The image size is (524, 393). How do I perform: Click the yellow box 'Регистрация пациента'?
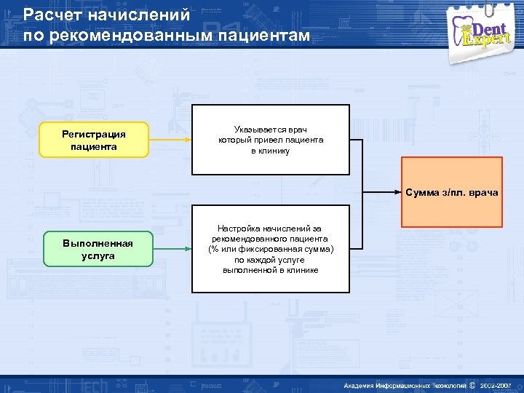93,140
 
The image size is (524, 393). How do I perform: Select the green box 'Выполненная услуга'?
98,249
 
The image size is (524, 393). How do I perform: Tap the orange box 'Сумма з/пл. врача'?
452,192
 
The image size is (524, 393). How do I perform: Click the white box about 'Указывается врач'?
270,140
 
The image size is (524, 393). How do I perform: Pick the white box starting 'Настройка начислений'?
270,250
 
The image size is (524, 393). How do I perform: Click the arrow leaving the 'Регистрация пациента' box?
170,140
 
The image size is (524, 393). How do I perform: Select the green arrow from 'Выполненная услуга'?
172,249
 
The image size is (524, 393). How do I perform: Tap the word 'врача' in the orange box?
483,193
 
